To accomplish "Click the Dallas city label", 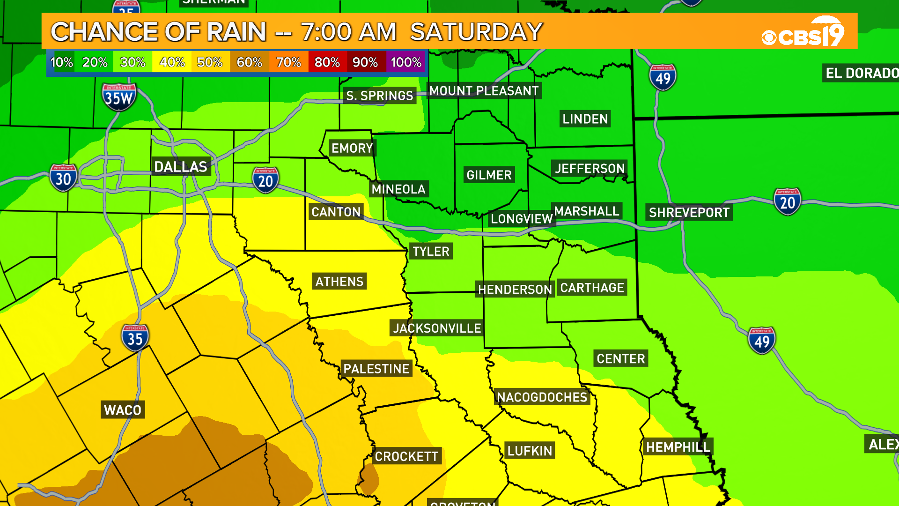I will coord(181,166).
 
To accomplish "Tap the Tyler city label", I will coord(431,251).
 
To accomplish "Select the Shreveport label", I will coord(689,212).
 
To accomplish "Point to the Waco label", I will coord(123,410).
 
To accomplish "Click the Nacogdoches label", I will coord(542,397).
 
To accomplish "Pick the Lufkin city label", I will coord(530,451).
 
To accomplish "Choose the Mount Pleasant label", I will coord(484,90).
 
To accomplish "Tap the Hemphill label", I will coord(678,447).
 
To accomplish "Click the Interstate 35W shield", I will coord(119,97).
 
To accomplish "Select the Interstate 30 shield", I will coord(63,178).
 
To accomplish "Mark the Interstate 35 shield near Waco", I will coord(135,338).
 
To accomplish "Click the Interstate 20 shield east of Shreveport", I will coord(787,202).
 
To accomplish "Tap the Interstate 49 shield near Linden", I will coord(663,77).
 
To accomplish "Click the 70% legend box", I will coord(288,62).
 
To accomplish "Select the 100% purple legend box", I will coord(406,62).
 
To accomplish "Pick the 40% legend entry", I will coord(172,62).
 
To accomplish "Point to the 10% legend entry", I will coord(61,62).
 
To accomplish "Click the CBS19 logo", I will coord(803,33).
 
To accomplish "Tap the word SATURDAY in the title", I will coord(476,32).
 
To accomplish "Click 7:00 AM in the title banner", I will coord(348,32).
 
